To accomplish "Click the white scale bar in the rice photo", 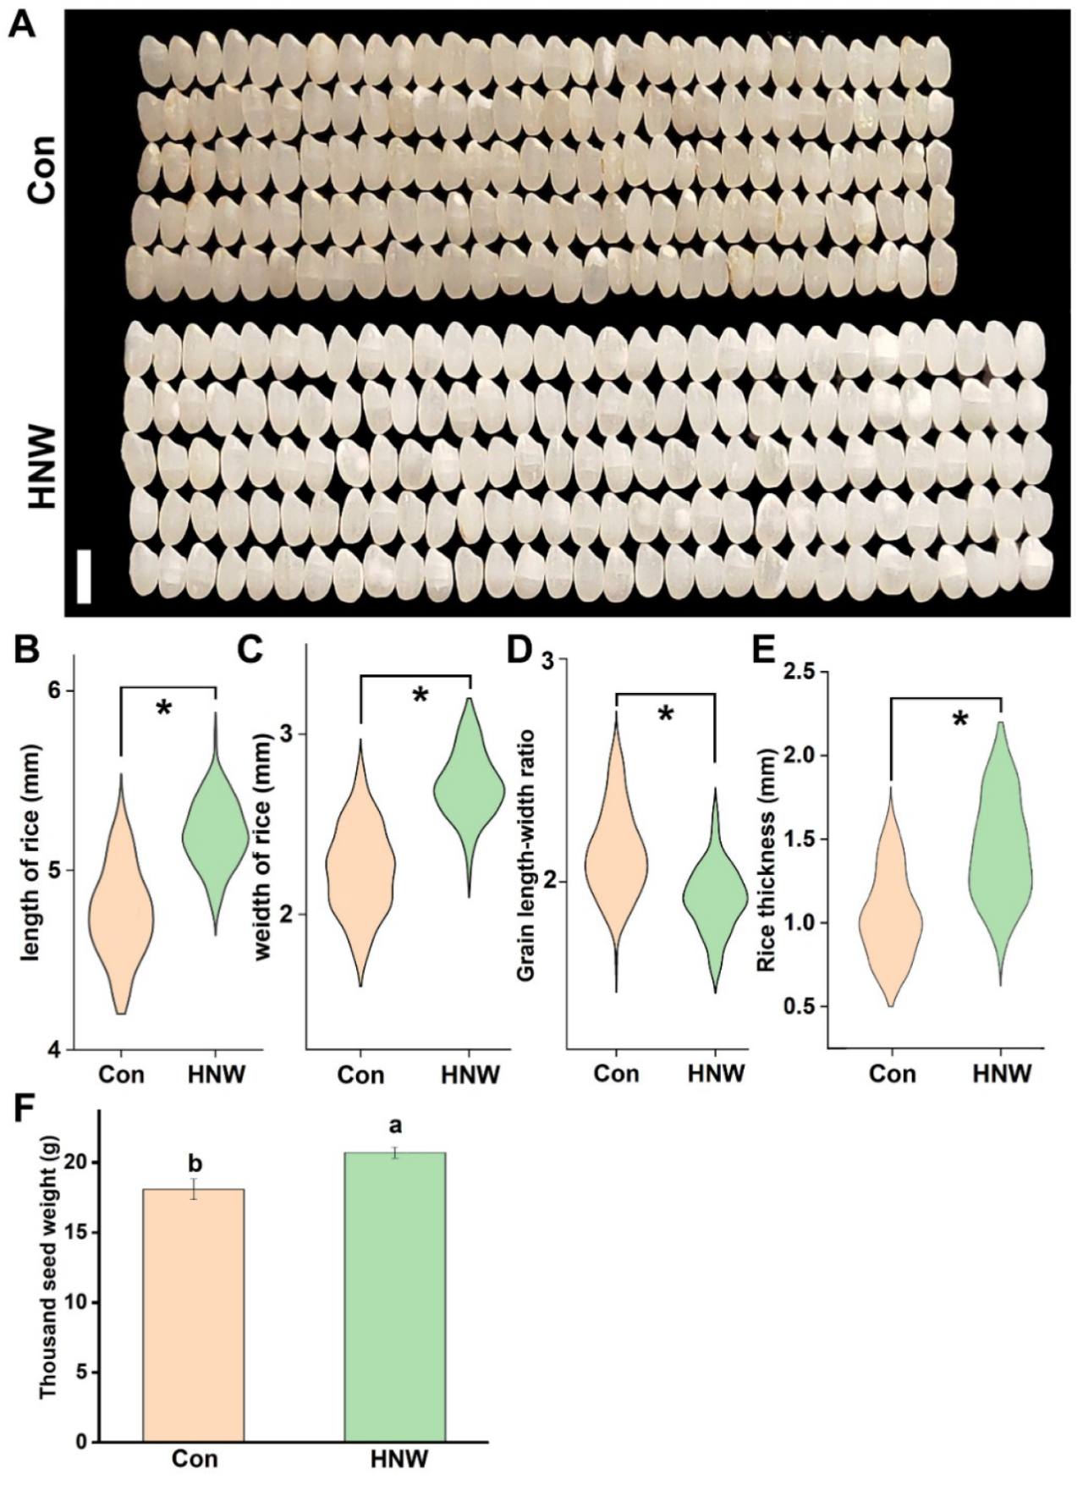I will coord(84,576).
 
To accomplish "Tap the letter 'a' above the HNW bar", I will coord(393,1125).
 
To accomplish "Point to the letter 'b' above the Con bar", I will coord(195,1164).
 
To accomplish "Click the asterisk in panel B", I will coord(164,709).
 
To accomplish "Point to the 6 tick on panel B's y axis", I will coord(58,690).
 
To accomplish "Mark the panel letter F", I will coord(24,1111).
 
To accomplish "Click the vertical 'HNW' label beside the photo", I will coord(41,467).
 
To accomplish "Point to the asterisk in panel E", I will coord(959,720).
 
